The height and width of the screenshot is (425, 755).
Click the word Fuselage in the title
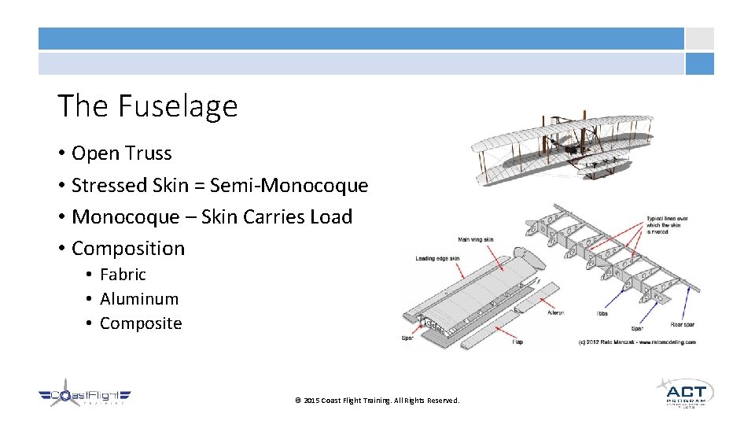[179, 105]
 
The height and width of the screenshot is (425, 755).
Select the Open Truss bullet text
[121, 153]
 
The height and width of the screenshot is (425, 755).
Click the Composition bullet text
[128, 248]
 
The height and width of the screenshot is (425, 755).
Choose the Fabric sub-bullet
[123, 275]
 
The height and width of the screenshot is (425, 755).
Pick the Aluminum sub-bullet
[139, 299]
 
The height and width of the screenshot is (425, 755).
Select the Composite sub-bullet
[141, 323]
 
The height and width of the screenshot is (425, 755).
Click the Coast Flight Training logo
[85, 395]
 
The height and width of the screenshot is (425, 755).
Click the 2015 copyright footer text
[377, 401]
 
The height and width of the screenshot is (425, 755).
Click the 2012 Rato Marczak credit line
[637, 342]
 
